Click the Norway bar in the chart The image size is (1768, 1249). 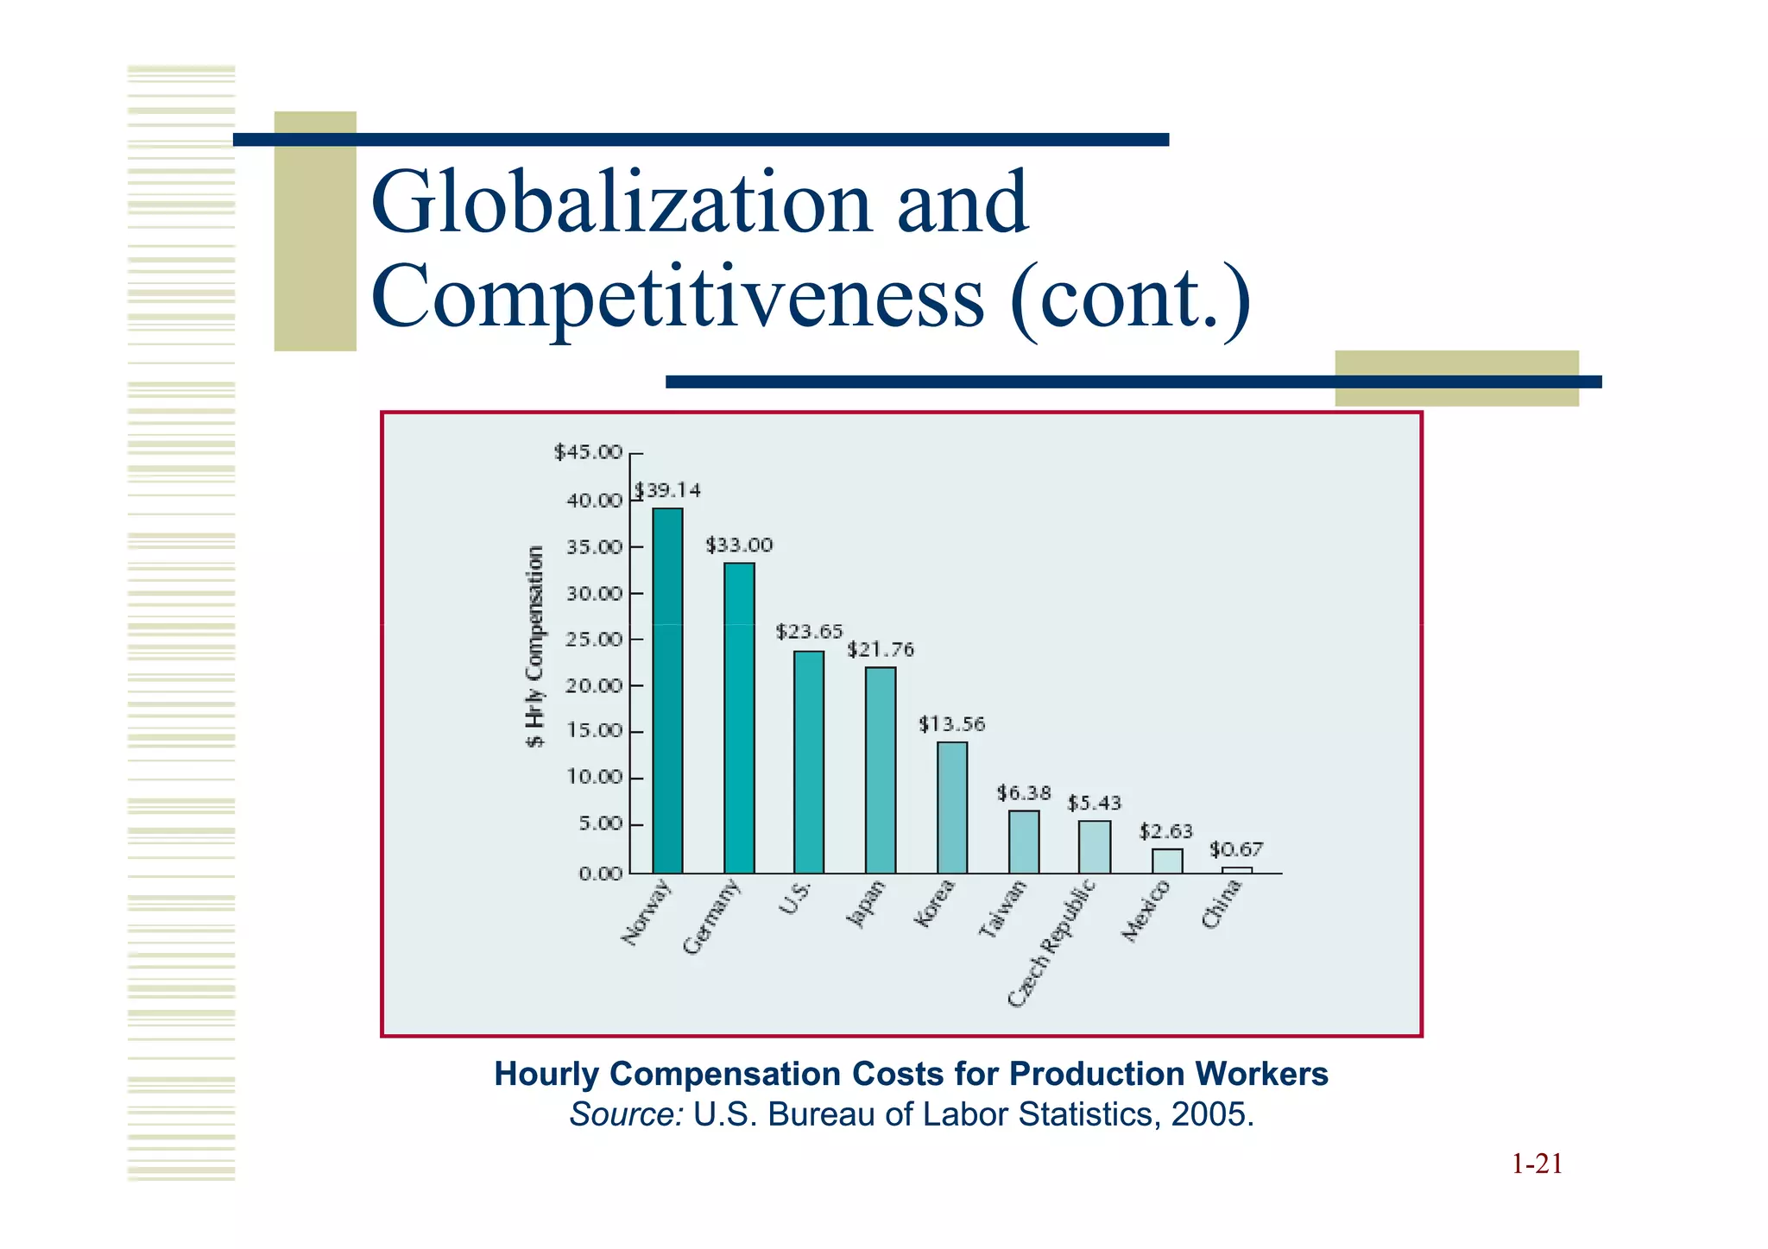point(667,691)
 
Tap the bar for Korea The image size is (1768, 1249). point(952,807)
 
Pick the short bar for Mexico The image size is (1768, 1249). point(1167,861)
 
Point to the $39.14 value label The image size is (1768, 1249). point(669,490)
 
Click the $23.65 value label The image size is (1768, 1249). point(809,632)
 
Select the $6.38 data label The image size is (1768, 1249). point(1024,792)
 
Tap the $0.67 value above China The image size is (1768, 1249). point(1235,849)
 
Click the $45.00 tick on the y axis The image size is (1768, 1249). point(588,452)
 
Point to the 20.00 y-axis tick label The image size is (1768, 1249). point(594,686)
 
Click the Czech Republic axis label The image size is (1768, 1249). point(1052,943)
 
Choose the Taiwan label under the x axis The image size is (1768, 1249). point(1003,908)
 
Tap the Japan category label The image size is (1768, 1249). point(866,903)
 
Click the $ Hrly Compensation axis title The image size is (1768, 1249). point(536,647)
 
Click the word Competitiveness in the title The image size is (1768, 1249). point(678,298)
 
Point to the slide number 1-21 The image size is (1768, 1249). point(1537,1164)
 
